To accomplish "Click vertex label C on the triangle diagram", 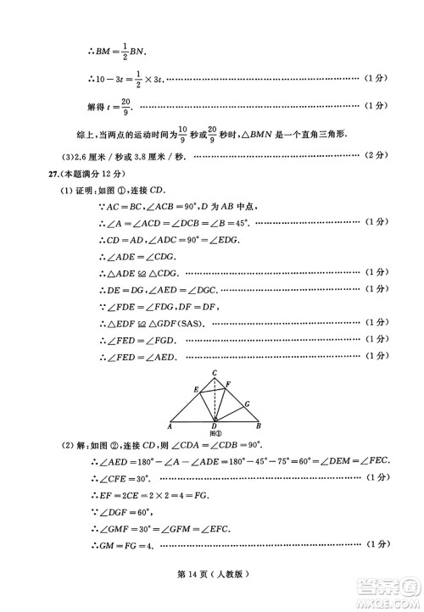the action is pyautogui.click(x=215, y=373).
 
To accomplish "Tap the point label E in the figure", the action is pyautogui.click(x=196, y=389).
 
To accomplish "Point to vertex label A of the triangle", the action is pyautogui.click(x=170, y=426).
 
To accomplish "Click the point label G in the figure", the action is pyautogui.click(x=246, y=404).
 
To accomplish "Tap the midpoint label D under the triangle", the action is pyautogui.click(x=215, y=427).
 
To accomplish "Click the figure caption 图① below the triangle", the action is pyautogui.click(x=215, y=434).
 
